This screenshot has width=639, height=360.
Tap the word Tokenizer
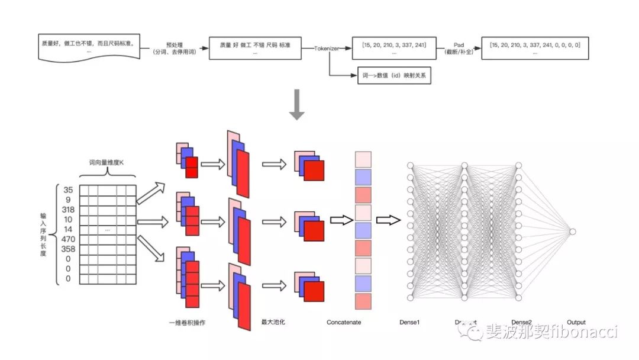coord(327,49)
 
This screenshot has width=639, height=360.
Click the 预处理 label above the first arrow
coord(174,44)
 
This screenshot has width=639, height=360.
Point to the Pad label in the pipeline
coord(459,44)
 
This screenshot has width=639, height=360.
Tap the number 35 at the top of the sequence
coord(68,190)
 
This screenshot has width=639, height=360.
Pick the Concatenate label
coord(344,323)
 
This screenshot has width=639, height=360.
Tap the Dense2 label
coord(521,323)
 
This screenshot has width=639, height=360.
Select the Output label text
coord(576,323)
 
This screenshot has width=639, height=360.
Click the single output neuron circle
coord(572,232)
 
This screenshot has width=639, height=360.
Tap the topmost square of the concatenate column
coord(363,159)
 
